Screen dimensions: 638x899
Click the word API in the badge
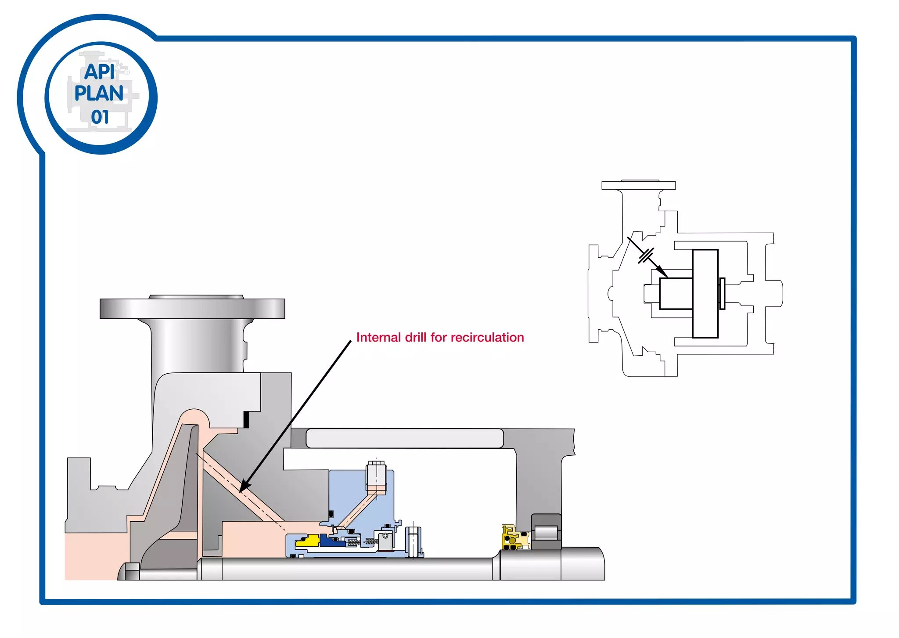[x=100, y=72]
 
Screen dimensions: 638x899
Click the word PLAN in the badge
[x=99, y=94]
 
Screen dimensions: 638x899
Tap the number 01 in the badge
[x=100, y=117]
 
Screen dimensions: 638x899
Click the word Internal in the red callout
[x=378, y=337]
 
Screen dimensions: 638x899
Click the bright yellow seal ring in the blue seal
[x=308, y=541]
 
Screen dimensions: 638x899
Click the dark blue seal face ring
[x=330, y=541]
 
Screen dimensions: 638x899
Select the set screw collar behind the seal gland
[x=414, y=541]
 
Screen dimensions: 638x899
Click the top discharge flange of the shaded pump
[x=192, y=308]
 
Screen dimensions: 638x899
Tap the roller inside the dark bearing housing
[x=546, y=533]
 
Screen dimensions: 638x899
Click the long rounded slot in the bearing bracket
[x=404, y=438]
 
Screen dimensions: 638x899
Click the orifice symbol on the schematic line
[x=646, y=256]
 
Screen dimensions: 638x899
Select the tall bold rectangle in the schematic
[x=705, y=293]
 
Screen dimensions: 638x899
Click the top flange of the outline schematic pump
[x=638, y=185]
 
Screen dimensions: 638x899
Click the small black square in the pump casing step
[x=246, y=419]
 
